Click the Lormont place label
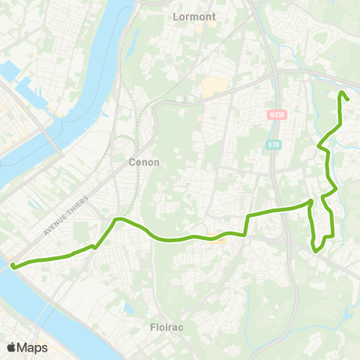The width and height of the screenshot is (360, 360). pos(193,16)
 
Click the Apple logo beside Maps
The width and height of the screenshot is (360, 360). pos(11,347)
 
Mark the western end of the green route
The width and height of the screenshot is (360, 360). pos(13,265)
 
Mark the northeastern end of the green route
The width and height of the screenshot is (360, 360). pos(343,92)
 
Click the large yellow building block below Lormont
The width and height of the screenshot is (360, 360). pos(213,86)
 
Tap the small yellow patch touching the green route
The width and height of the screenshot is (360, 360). pos(218,240)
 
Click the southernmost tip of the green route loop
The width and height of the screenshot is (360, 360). pos(315,251)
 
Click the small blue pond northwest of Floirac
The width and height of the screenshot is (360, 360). pos(128,307)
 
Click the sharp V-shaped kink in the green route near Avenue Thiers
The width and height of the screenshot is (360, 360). pos(94,246)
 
